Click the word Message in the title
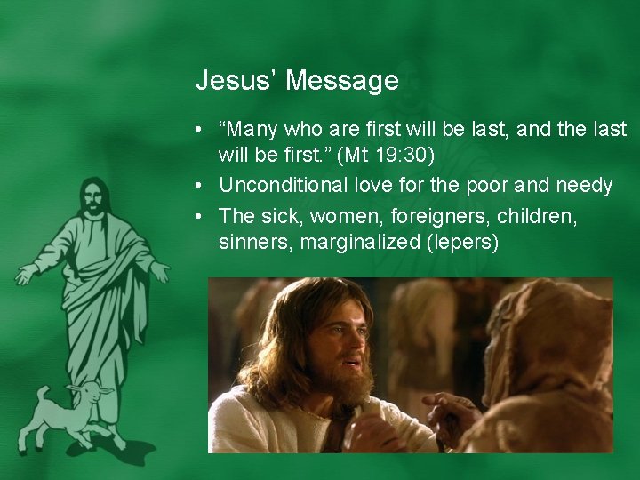pos(342,82)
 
